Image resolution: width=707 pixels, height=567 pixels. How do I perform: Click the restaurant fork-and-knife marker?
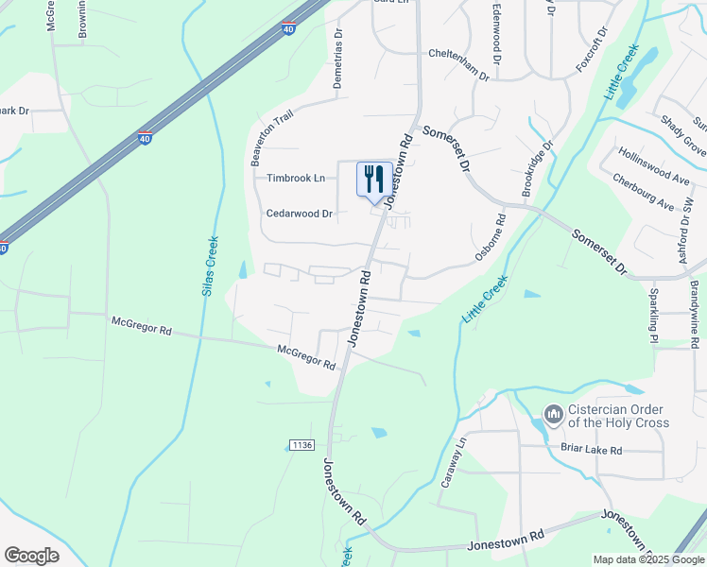point(374,178)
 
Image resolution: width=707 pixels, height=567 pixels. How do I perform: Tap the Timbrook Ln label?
point(296,178)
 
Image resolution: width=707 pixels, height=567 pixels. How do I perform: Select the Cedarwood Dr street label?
point(299,214)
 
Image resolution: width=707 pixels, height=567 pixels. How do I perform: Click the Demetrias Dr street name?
point(336,65)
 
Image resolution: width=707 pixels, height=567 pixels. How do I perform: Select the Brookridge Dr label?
point(537,169)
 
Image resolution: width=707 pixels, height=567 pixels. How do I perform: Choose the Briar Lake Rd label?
point(591,451)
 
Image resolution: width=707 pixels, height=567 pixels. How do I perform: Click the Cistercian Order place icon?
point(553,414)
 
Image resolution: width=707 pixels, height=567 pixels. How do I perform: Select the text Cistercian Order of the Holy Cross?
point(618,416)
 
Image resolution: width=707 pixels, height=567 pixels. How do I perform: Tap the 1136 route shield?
point(302,444)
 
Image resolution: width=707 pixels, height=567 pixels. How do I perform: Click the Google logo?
point(31,556)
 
